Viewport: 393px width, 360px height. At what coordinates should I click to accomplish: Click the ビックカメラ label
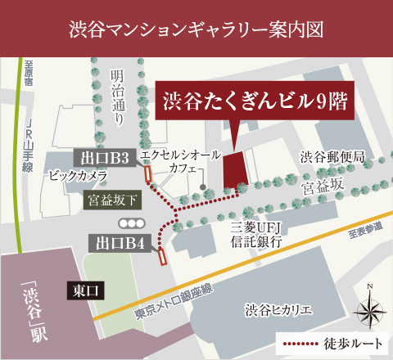pos(79,174)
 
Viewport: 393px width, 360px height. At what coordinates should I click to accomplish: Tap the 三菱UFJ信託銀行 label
pos(256,236)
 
